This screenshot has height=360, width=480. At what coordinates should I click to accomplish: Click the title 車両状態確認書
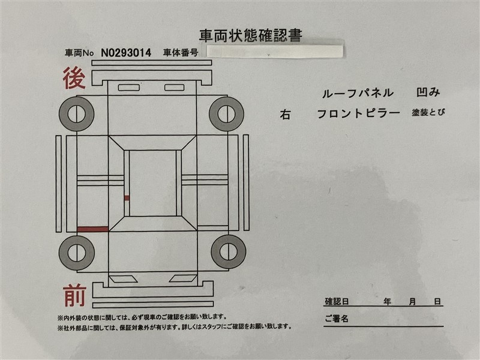(x=251, y=35)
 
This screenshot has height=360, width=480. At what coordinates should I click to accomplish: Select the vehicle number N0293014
(x=126, y=53)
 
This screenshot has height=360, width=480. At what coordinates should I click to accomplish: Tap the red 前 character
(x=74, y=295)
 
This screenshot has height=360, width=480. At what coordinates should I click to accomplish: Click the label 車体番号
(x=181, y=53)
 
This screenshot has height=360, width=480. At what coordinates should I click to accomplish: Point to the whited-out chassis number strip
(x=275, y=52)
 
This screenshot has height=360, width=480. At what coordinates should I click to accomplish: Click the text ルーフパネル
(x=358, y=93)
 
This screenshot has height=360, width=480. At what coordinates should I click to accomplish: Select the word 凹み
(x=428, y=92)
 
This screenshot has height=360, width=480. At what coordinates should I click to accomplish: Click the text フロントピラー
(x=358, y=113)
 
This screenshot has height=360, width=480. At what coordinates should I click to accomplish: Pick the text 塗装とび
(x=428, y=112)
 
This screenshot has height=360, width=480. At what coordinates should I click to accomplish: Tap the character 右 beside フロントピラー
(x=285, y=115)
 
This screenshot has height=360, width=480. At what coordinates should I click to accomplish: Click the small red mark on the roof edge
(x=127, y=198)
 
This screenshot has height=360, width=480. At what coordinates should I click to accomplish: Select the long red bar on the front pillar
(x=93, y=229)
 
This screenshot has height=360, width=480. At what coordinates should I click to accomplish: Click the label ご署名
(x=337, y=319)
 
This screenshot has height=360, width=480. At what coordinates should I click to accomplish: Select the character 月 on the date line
(x=412, y=302)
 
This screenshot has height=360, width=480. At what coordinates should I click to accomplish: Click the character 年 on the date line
(x=387, y=302)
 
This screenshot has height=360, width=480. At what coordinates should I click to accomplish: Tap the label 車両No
(x=79, y=53)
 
